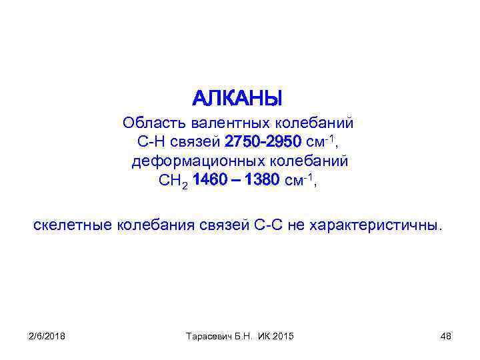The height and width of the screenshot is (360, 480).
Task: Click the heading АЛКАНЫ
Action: pyautogui.click(x=238, y=99)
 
